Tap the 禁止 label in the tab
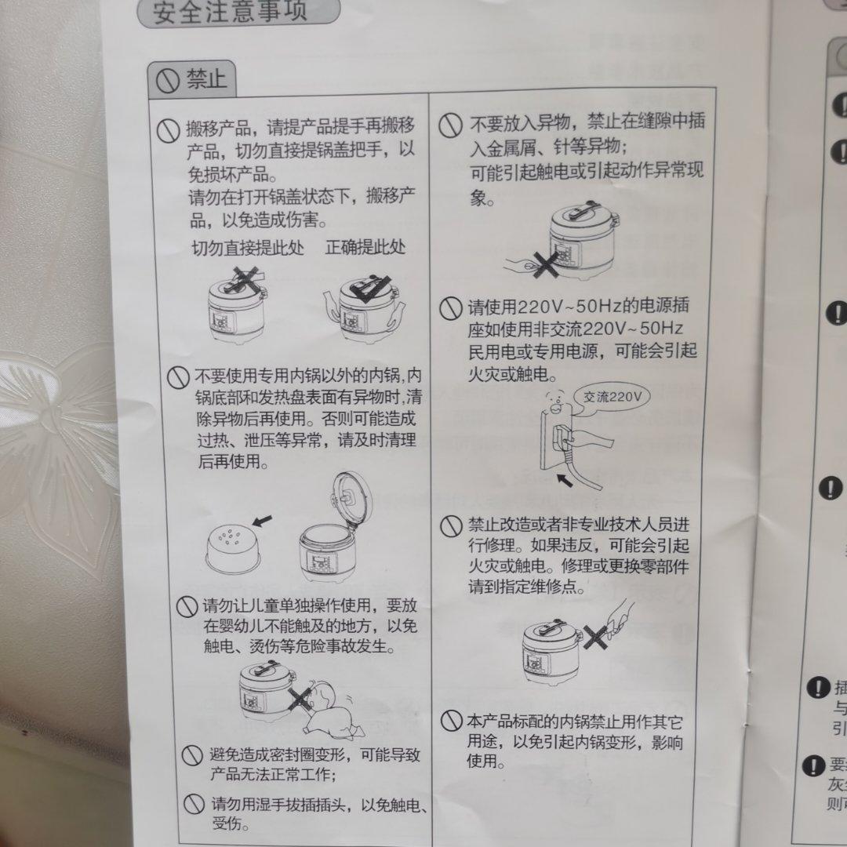(x=205, y=78)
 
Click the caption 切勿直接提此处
(x=248, y=248)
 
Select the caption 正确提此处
(x=365, y=248)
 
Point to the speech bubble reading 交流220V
(x=613, y=397)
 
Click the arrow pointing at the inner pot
(x=264, y=519)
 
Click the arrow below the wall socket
(x=565, y=478)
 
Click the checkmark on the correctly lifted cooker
(x=368, y=289)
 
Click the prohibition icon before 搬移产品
(x=168, y=131)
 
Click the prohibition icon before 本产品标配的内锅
(x=451, y=721)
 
